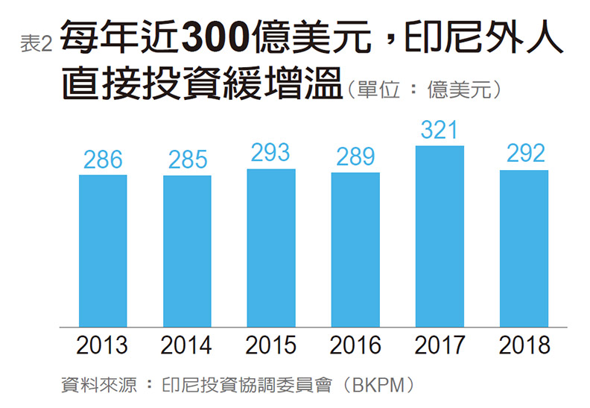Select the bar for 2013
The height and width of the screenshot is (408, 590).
tap(103, 251)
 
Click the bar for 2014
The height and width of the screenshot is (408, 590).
tap(187, 251)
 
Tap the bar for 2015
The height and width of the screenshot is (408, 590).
tap(271, 248)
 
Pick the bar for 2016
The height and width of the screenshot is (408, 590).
tap(355, 250)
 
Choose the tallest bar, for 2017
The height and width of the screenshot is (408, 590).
tap(440, 236)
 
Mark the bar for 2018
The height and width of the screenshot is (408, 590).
tap(524, 248)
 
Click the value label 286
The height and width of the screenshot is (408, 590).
tap(103, 159)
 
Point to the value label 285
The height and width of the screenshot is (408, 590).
tap(187, 160)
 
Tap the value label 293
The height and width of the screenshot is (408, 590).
tap(271, 153)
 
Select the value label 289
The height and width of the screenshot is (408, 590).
tap(355, 157)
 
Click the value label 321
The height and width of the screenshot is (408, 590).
tap(440, 130)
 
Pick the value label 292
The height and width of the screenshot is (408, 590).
tap(524, 154)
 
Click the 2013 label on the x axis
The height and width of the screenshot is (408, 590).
tap(103, 346)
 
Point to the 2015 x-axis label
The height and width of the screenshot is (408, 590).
tap(271, 346)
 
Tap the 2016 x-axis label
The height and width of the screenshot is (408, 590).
tap(355, 346)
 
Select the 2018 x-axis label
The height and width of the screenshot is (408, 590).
tap(524, 346)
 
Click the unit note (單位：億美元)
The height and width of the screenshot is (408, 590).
tap(428, 90)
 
